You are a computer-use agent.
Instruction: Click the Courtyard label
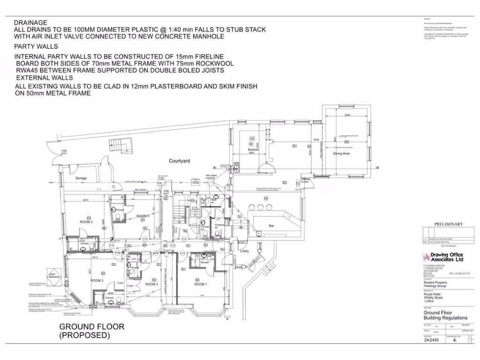(180, 161)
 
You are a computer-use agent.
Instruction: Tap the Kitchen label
(253, 150)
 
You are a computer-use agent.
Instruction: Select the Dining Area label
(341, 153)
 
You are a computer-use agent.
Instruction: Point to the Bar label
(271, 226)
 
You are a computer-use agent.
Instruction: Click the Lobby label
(244, 251)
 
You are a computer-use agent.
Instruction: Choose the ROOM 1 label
(200, 284)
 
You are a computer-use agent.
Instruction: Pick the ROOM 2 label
(151, 284)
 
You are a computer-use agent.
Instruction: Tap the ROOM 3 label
(97, 280)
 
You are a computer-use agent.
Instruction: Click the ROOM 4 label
(85, 222)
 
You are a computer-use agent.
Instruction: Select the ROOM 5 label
(142, 216)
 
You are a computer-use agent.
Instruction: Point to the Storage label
(81, 178)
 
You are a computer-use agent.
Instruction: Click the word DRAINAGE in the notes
(30, 22)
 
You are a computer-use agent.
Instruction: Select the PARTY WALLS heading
(36, 46)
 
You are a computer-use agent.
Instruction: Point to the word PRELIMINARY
(448, 224)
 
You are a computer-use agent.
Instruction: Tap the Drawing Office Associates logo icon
(426, 257)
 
